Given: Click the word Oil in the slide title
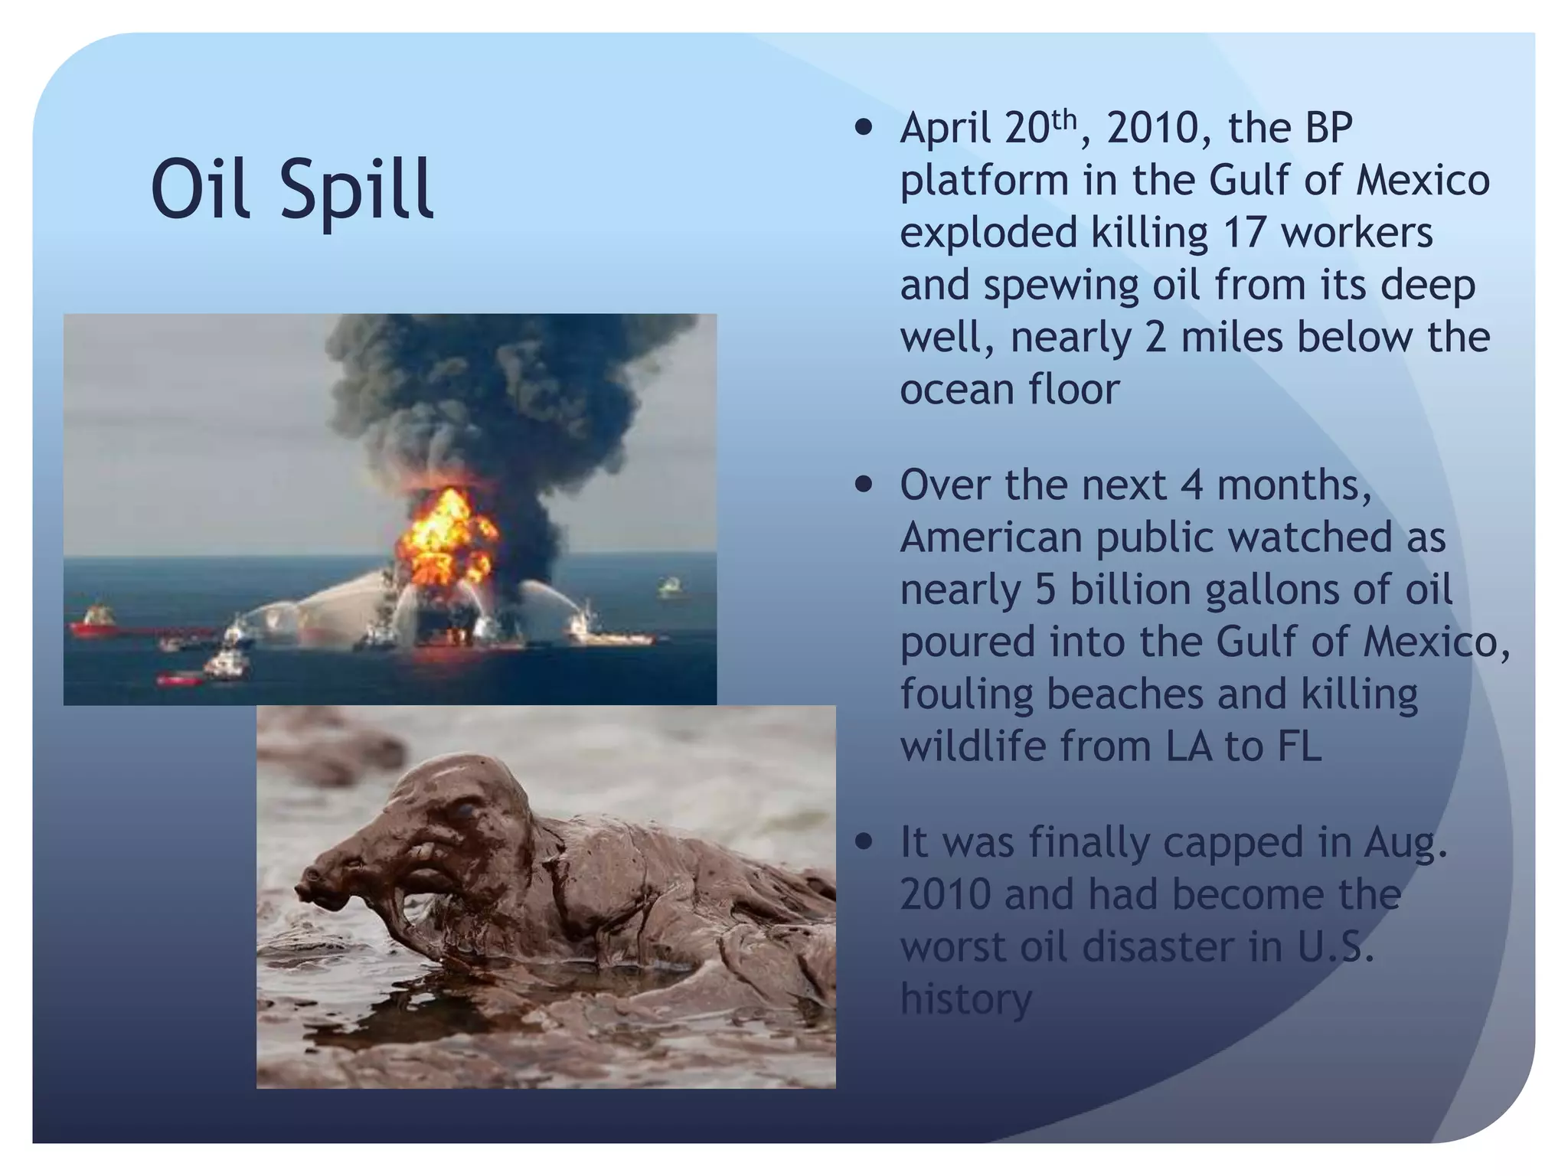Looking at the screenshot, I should tap(201, 188).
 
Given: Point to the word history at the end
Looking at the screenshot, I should tap(966, 998).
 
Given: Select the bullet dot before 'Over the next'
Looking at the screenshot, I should tap(864, 485).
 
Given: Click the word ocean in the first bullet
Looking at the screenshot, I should tap(958, 389).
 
